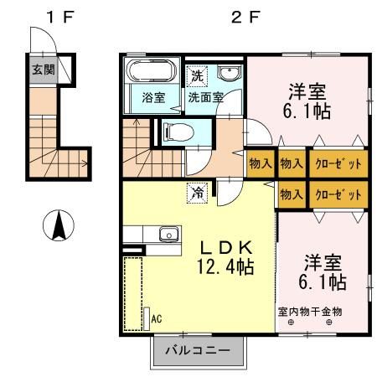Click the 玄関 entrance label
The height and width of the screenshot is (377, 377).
(44, 70)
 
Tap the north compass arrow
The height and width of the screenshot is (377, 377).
(59, 226)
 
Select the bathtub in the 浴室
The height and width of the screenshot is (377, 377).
(152, 70)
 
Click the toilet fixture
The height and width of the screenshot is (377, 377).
(178, 132)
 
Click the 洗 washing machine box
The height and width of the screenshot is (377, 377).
(197, 76)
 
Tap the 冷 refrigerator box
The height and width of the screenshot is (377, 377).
(198, 193)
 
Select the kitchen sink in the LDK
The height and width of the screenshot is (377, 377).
(169, 234)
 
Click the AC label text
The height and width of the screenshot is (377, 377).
(157, 318)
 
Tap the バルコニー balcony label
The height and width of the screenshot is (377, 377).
(198, 350)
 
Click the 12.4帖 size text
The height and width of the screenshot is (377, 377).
(225, 266)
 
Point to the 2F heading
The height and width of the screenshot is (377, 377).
(245, 17)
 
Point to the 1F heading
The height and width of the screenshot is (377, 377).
(60, 17)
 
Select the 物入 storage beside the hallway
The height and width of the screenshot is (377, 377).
(261, 163)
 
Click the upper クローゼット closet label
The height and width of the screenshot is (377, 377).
(338, 163)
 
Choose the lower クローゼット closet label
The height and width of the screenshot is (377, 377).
(338, 194)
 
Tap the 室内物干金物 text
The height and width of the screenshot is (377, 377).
(310, 312)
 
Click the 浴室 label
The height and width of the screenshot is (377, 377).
(153, 97)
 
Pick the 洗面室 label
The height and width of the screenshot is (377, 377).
(206, 97)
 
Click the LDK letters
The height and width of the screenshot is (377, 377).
(227, 247)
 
